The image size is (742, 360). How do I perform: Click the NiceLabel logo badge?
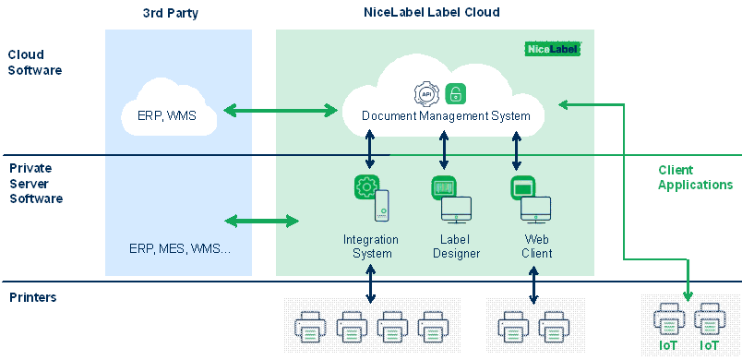click(552, 49)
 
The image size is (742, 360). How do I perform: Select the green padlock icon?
click(456, 93)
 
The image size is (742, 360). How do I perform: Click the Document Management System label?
click(446, 116)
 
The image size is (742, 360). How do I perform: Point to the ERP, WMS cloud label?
click(166, 116)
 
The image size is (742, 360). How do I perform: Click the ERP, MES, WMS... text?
click(180, 248)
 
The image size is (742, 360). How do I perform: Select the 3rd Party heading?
click(171, 13)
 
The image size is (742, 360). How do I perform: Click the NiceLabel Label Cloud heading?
click(432, 12)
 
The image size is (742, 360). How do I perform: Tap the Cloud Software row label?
click(35, 63)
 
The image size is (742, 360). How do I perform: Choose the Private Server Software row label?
click(36, 184)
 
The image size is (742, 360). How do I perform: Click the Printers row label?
click(33, 297)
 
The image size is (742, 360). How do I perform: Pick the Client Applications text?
click(695, 177)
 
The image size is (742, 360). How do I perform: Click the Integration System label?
click(371, 246)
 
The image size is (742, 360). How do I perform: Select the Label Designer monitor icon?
click(456, 210)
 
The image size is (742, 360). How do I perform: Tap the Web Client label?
click(536, 246)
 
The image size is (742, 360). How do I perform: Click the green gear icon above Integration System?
click(366, 187)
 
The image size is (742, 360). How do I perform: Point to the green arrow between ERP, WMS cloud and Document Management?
click(281, 111)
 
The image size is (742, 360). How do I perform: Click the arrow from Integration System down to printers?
click(370, 283)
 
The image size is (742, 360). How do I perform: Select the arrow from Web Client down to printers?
click(533, 285)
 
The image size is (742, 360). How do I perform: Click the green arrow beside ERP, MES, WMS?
click(262, 221)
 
